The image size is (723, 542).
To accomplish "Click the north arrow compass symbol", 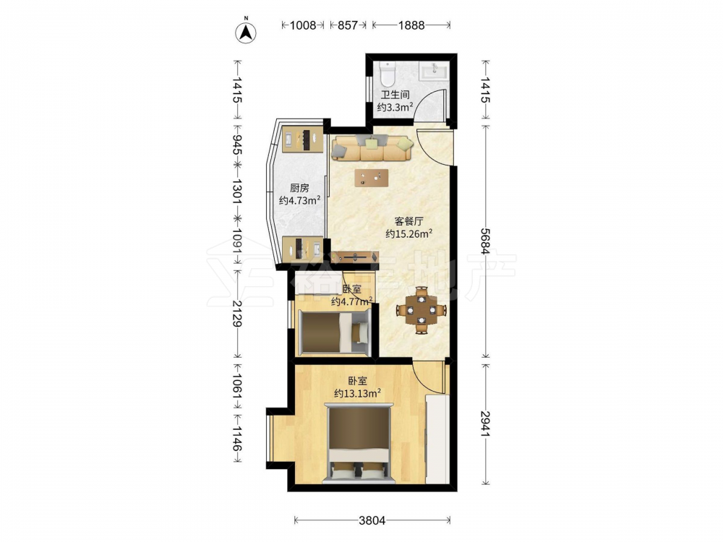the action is pyautogui.click(x=246, y=31).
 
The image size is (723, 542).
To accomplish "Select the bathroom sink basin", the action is pyautogui.click(x=433, y=72).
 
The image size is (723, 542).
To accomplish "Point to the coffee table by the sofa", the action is pyautogui.click(x=371, y=178).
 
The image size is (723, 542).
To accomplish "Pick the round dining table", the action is pyautogui.click(x=422, y=310).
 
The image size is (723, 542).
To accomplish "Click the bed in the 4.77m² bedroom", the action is pyautogui.click(x=334, y=332).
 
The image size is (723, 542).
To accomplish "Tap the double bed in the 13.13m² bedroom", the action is pyautogui.click(x=359, y=444).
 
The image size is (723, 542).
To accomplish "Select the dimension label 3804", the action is pyautogui.click(x=372, y=520).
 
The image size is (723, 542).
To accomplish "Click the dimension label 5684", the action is pyautogui.click(x=484, y=241).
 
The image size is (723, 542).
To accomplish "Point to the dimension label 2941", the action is pyautogui.click(x=484, y=423).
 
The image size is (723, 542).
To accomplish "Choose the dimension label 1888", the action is pyautogui.click(x=411, y=25).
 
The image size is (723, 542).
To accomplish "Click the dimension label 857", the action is pyautogui.click(x=348, y=25).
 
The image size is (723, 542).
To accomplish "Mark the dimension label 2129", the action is pyautogui.click(x=237, y=314).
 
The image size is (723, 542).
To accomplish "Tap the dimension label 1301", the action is pyautogui.click(x=237, y=192).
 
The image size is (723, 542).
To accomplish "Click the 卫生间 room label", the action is pyautogui.click(x=395, y=95).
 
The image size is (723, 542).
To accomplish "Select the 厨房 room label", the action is pyautogui.click(x=300, y=188).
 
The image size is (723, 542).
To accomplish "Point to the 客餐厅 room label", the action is pyautogui.click(x=408, y=221).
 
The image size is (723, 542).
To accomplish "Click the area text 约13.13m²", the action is pyautogui.click(x=357, y=393).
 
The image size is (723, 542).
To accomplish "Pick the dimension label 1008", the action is pyautogui.click(x=303, y=25).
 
